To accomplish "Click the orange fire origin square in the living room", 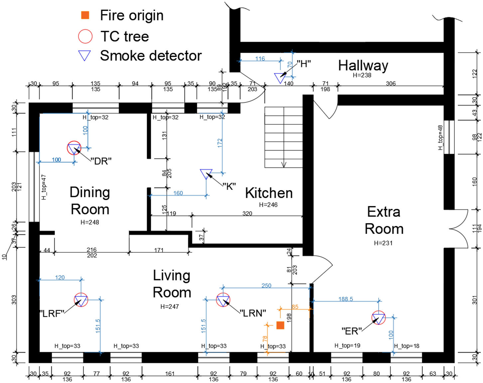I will tap(280, 325).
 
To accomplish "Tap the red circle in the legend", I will tap(85, 36).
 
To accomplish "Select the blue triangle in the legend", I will tap(84, 55).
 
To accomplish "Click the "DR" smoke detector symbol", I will tap(74, 148).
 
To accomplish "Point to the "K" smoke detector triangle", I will tap(206, 174).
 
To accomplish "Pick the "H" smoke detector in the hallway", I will tap(280, 78).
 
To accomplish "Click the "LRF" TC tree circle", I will tap(81, 300).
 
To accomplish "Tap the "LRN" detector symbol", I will tap(223, 300).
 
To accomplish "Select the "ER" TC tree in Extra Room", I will tap(379, 318).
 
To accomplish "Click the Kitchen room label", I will tap(269, 193).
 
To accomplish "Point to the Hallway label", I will tap(363, 66).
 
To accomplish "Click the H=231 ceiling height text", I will tap(383, 243).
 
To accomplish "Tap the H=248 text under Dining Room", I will tap(90, 222).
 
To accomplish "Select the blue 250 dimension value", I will tap(266, 285).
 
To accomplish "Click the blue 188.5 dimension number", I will tap(346, 299).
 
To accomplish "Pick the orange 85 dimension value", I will tap(295, 307).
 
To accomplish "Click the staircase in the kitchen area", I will tap(283, 137).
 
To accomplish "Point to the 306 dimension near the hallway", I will tap(391, 83).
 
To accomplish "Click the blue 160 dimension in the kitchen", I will tap(178, 193).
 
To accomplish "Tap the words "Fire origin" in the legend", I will tap(132, 15).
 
